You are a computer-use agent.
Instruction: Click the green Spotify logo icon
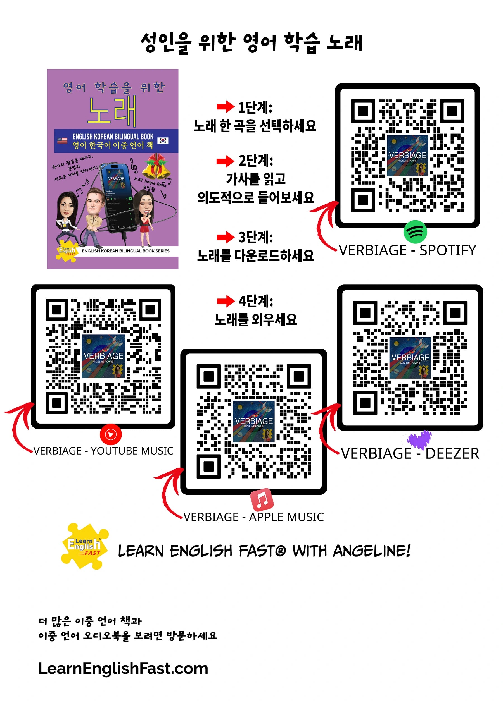click(x=415, y=231)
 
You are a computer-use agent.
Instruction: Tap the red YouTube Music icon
click(x=111, y=434)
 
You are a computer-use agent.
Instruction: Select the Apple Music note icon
click(x=262, y=500)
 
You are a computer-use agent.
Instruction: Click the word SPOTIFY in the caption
click(x=448, y=250)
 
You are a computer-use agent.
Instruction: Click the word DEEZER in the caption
click(x=452, y=454)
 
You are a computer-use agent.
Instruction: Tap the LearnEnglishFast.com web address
click(x=123, y=668)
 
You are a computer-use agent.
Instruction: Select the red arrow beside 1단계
click(x=225, y=107)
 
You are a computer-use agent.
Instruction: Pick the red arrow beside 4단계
click(x=226, y=301)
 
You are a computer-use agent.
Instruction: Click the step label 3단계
click(x=255, y=237)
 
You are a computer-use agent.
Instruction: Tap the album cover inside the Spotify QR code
click(x=408, y=156)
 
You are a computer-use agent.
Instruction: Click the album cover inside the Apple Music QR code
click(x=254, y=421)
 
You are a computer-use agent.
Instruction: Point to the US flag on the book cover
click(x=62, y=140)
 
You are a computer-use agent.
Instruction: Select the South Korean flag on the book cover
click(x=163, y=140)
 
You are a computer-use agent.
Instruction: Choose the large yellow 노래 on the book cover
click(x=112, y=111)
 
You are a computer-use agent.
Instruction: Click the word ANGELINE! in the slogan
click(x=372, y=551)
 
